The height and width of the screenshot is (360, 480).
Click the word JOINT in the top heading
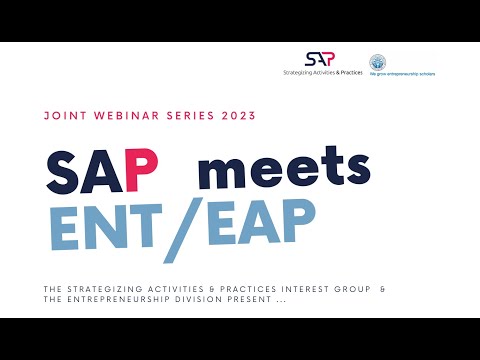pos(64,116)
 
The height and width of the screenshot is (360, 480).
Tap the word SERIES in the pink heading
pos(183,116)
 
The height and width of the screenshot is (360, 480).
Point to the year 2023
pos(235,116)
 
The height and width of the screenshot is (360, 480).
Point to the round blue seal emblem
pos(377,62)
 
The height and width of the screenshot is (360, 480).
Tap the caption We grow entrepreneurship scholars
pos(402,73)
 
